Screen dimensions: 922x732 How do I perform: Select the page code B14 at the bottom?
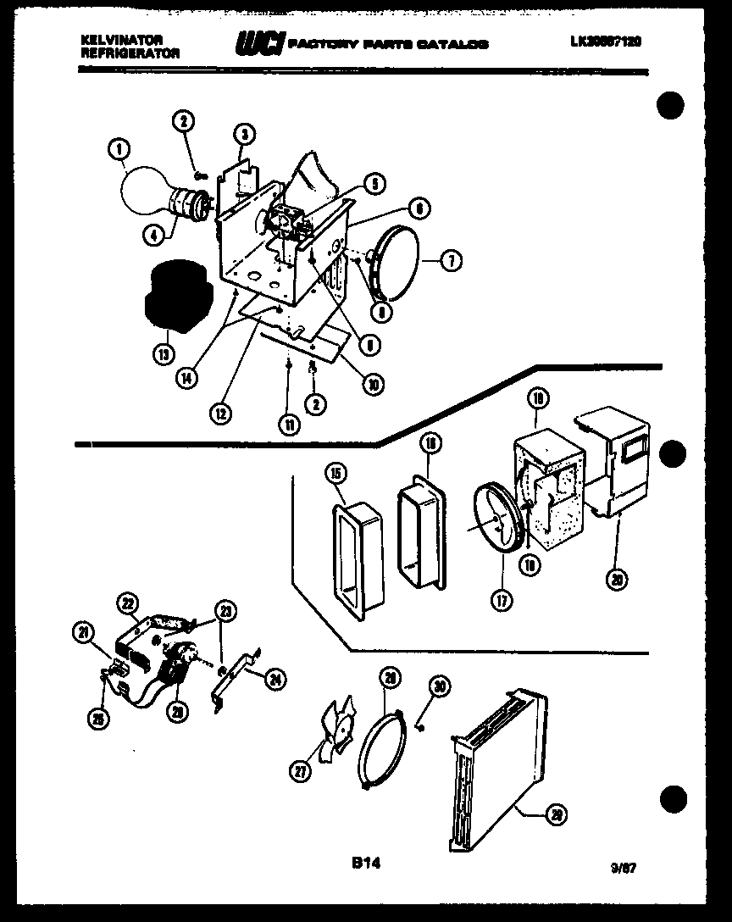tap(366, 864)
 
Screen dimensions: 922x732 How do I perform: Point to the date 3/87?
tap(624, 867)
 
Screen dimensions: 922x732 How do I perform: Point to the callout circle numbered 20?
tap(618, 579)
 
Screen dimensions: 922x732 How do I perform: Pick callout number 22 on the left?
tap(128, 603)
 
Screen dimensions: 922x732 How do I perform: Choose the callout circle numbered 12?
tap(220, 413)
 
